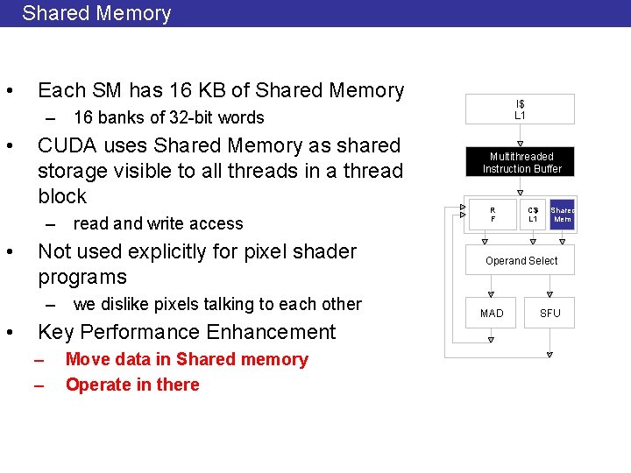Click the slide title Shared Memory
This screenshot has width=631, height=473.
[96, 13]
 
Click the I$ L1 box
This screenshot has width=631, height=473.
[520, 109]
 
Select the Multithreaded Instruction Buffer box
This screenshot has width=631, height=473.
[521, 162]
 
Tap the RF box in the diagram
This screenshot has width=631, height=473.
[493, 215]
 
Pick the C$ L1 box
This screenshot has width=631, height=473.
[533, 215]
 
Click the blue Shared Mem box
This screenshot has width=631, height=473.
[562, 215]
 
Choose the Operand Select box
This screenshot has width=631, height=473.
[521, 261]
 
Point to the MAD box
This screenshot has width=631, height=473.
[492, 313]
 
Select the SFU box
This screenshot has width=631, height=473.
[549, 313]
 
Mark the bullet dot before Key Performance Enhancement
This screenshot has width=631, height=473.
[8, 333]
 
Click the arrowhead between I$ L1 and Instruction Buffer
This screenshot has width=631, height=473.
[521, 144]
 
